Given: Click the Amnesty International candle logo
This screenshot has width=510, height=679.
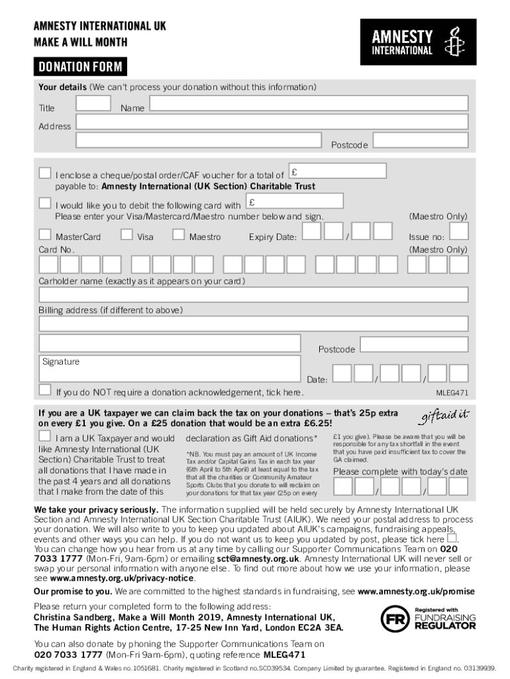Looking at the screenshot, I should point(453,41).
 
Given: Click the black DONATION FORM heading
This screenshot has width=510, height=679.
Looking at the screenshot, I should point(79,67).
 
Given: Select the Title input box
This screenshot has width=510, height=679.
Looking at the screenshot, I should point(93,103).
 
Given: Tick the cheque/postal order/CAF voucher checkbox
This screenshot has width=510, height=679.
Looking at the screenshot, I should point(44,173).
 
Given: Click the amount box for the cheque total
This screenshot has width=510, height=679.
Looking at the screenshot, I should point(338,171).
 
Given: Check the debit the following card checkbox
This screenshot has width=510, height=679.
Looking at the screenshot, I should point(44,202).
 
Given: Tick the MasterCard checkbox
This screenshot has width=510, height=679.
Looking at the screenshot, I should point(44,234).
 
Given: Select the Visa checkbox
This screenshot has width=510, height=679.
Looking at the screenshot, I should point(127,234).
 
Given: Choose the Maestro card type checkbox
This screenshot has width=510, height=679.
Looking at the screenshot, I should point(178,234).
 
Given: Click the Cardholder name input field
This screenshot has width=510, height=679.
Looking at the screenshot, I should point(254,294).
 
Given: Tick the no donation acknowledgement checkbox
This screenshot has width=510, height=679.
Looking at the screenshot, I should point(44,389).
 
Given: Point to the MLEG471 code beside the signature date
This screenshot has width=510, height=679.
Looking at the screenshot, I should point(452,393).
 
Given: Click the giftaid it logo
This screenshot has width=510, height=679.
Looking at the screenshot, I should point(443,416).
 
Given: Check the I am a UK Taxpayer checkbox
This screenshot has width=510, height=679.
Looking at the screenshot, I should point(44,436).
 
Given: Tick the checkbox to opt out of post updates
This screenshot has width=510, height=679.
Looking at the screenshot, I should point(452,538).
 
